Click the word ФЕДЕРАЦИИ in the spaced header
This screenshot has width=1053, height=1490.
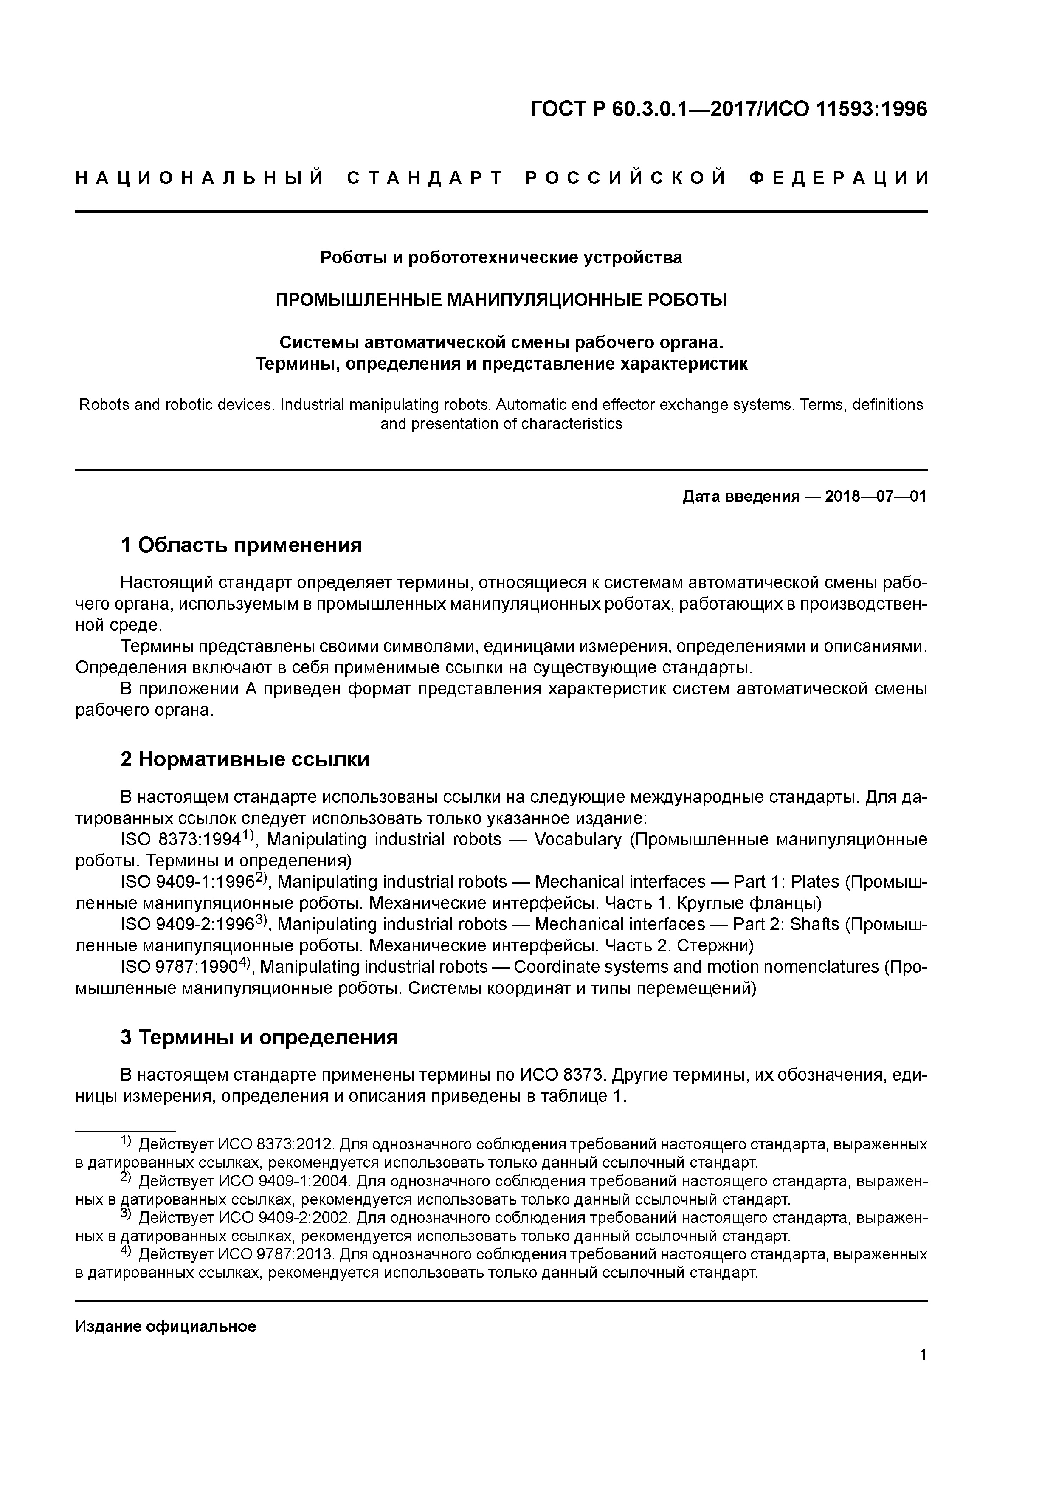839,178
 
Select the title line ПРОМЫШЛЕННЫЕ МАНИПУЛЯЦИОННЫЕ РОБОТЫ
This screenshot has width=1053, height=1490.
501,300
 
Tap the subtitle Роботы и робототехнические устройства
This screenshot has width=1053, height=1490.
501,258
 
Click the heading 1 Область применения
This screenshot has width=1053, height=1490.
241,545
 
